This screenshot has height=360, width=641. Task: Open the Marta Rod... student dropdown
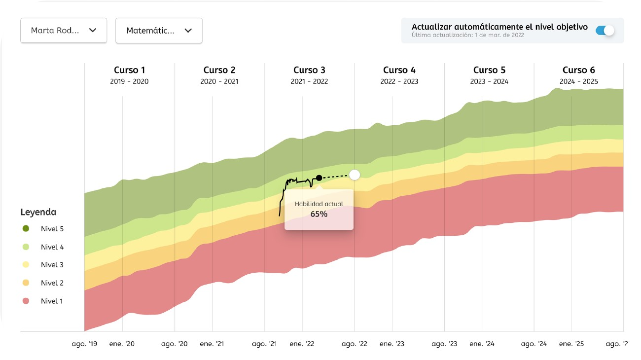coord(64,31)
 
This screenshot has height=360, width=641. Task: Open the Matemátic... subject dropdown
coord(159,31)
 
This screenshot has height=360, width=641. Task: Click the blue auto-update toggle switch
coord(605,31)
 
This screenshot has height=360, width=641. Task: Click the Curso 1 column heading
coord(130,70)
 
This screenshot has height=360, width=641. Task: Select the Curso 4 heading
coord(399,70)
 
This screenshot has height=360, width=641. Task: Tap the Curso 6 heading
coord(579,70)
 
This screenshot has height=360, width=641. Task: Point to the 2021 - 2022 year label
coord(309,81)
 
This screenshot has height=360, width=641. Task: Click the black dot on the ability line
coord(319,178)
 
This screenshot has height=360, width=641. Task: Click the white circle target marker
coord(355,175)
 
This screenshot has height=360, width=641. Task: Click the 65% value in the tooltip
coord(319,214)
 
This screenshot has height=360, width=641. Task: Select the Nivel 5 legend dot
coord(26,229)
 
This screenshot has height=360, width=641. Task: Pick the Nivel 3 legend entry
coord(52,265)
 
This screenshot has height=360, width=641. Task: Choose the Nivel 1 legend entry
coord(52,301)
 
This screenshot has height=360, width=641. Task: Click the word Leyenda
coord(38,212)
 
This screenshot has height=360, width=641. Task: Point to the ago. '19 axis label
coord(84,344)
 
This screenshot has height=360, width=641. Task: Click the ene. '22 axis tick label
coord(302,344)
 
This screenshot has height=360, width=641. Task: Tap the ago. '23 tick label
coord(444,344)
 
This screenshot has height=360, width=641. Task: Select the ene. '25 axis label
coord(571,344)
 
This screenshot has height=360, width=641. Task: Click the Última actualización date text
coord(468,36)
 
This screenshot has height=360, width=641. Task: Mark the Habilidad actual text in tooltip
coord(319,204)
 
